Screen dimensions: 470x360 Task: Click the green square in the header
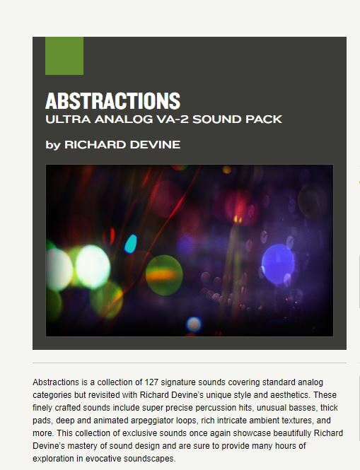(64, 56)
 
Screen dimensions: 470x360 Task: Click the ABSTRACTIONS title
(112, 100)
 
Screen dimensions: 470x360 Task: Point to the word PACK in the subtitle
(264, 119)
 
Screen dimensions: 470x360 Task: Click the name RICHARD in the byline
(95, 145)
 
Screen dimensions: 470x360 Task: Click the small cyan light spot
(131, 244)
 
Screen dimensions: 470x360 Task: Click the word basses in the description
(318, 408)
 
